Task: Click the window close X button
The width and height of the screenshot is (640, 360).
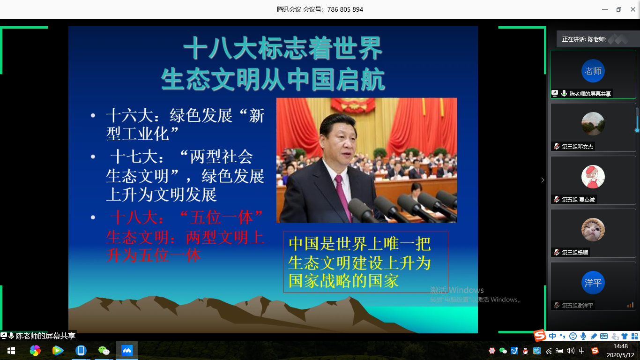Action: coord(633,9)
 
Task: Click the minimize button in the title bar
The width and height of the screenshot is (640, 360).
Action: coord(604,9)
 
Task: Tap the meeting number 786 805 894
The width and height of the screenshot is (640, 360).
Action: coord(345,9)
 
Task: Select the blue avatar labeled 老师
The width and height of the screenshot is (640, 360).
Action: coord(593,71)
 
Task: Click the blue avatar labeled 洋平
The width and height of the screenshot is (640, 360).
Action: coord(593,283)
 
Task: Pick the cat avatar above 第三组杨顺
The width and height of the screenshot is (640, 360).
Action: coord(593,230)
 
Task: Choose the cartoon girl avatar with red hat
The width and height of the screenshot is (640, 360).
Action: coord(593,177)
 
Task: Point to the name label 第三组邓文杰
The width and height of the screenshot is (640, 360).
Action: coord(577,147)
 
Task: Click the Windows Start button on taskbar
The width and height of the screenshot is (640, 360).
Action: coord(11,351)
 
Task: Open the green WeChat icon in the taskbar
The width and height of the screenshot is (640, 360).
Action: coord(104,351)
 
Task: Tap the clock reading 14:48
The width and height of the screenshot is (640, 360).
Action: coord(620,346)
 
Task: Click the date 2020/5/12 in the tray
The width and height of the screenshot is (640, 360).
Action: coord(620,355)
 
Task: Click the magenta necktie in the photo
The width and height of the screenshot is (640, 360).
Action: coord(342,197)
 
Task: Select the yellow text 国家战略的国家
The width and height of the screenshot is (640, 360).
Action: coord(343,281)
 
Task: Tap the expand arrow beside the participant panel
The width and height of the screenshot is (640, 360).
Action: coord(543,180)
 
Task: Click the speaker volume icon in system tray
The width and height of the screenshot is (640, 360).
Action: coord(570,351)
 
